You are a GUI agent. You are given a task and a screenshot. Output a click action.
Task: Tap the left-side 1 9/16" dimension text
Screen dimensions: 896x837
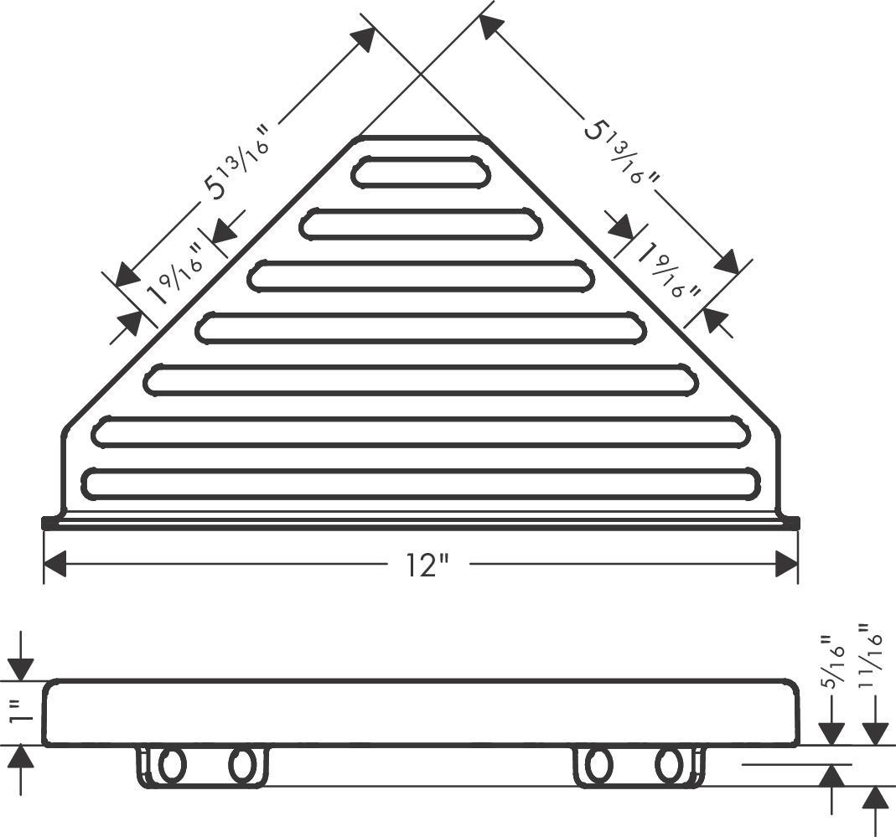[175, 274]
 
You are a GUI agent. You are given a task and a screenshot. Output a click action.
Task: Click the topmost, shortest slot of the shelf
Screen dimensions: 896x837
[421, 172]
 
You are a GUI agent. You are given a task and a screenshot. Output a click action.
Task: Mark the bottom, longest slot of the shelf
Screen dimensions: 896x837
[422, 483]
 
